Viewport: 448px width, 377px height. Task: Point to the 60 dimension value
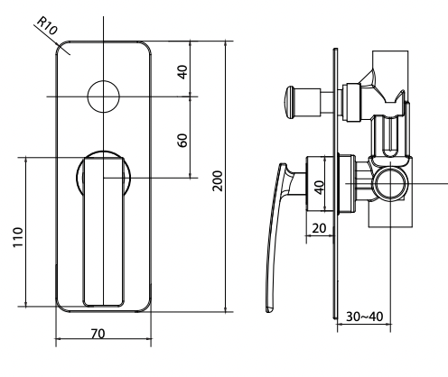[x=182, y=142]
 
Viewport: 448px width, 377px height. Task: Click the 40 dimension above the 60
[x=182, y=71]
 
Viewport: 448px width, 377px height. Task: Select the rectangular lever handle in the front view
[x=102, y=230]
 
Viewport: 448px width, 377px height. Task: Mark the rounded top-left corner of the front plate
[x=61, y=47]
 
